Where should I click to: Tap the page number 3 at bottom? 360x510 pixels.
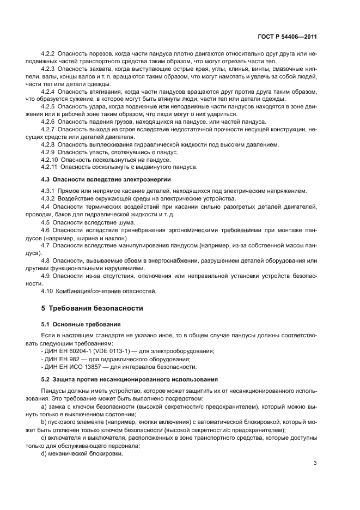(x=315, y=464)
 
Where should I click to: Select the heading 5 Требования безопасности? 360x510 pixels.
(x=92, y=308)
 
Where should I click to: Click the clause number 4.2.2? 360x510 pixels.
(x=48, y=54)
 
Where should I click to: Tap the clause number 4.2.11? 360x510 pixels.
(x=50, y=167)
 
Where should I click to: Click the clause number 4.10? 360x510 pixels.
(x=48, y=291)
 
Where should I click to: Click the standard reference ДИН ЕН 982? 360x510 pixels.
(x=64, y=359)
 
